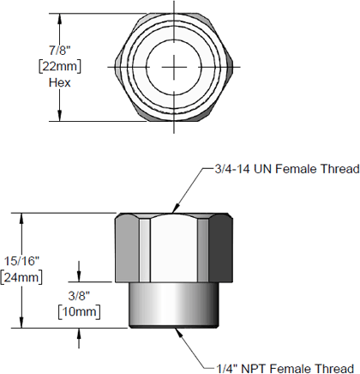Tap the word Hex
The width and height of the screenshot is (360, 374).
pyautogui.click(x=59, y=83)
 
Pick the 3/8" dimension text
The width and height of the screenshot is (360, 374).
pyautogui.click(x=80, y=293)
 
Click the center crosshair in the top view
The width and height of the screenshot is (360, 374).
pyautogui.click(x=175, y=66)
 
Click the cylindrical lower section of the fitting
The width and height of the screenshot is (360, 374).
pyautogui.click(x=175, y=305)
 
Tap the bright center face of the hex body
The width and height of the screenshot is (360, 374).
pyautogui.click(x=175, y=249)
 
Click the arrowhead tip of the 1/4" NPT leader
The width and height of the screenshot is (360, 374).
pyautogui.click(x=178, y=328)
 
